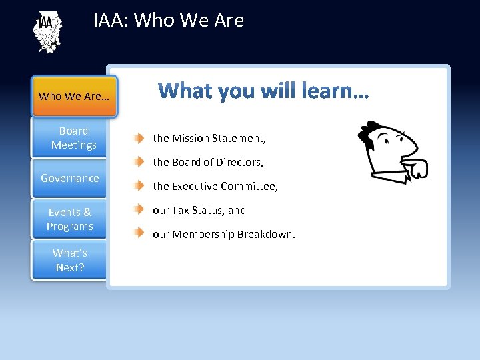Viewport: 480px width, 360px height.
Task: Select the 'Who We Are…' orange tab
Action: [x=74, y=96]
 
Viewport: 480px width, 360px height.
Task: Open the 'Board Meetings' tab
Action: [x=73, y=138]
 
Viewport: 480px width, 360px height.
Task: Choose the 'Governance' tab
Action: [x=70, y=178]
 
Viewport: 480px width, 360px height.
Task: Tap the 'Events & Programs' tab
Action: [x=70, y=219]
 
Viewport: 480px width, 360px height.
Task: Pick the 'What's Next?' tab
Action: [x=70, y=260]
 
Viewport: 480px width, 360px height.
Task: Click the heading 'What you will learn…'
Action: [x=263, y=90]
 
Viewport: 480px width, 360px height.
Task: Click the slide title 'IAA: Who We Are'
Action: [x=169, y=20]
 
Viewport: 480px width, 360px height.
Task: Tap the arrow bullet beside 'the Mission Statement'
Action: [x=138, y=139]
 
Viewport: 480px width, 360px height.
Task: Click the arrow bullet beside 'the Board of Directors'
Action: [x=138, y=162]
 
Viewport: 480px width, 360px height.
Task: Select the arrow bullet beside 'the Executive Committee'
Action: [x=138, y=186]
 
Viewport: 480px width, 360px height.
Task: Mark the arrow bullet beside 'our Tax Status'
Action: [x=138, y=210]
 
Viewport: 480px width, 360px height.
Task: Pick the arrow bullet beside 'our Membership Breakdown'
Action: [x=138, y=233]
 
